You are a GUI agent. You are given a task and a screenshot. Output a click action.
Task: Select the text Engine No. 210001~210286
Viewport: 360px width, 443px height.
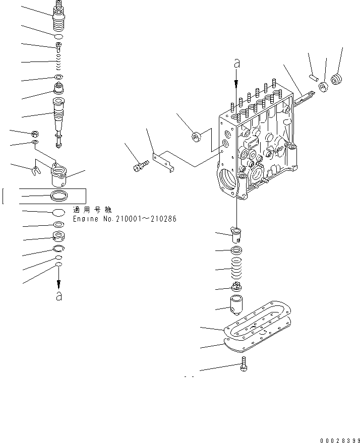[125, 219]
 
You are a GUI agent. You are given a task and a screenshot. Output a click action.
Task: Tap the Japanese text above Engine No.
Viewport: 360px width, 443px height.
[92, 210]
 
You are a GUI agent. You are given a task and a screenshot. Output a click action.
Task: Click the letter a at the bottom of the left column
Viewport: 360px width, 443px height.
[59, 296]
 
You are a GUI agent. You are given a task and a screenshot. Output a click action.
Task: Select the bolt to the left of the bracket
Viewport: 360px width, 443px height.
[139, 165]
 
